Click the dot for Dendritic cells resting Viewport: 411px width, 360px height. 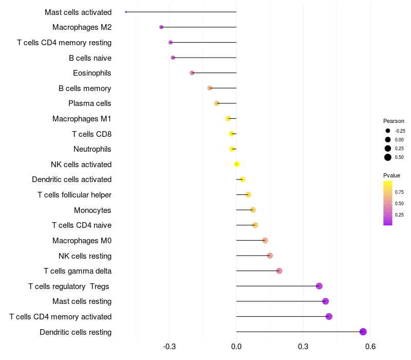pyautogui.click(x=363, y=332)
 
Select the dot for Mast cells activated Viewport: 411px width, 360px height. pyautogui.click(x=126, y=12)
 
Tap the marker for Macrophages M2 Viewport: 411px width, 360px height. pyautogui.click(x=161, y=27)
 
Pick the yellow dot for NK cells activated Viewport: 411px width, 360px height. pyautogui.click(x=237, y=164)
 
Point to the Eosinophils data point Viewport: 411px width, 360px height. pyautogui.click(x=192, y=73)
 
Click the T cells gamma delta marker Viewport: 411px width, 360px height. pyautogui.click(x=279, y=271)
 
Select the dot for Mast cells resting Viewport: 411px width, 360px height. pyautogui.click(x=325, y=301)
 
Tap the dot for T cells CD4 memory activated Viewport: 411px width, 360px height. pyautogui.click(x=329, y=316)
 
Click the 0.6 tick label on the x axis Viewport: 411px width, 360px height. pyautogui.click(x=370, y=347)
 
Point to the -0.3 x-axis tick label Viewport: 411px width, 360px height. pyautogui.click(x=170, y=347)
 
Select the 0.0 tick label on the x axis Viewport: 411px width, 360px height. pyautogui.click(x=236, y=347)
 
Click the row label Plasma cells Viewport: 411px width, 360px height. pyautogui.click(x=90, y=103)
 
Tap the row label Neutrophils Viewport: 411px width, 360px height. pyautogui.click(x=92, y=149)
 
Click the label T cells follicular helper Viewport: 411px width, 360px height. pyautogui.click(x=74, y=195)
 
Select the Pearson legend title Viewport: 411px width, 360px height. pyautogui.click(x=394, y=121)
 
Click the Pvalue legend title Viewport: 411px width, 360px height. pyautogui.click(x=391, y=175)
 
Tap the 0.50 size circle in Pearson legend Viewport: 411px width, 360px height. pyautogui.click(x=388, y=157)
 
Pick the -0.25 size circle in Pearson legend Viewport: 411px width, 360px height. pyautogui.click(x=388, y=131)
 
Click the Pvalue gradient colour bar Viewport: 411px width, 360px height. pyautogui.click(x=388, y=203)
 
